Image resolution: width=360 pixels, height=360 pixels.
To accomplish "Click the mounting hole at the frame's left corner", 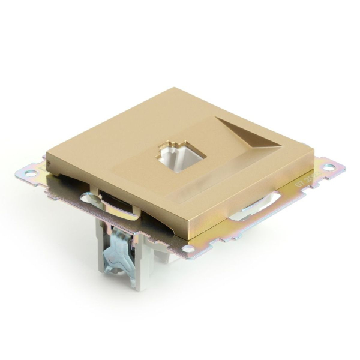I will pos(26,173).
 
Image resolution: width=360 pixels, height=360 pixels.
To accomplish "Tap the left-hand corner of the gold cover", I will pos(47,161).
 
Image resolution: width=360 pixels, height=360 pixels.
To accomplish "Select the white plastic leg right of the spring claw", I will pos(142,264).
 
